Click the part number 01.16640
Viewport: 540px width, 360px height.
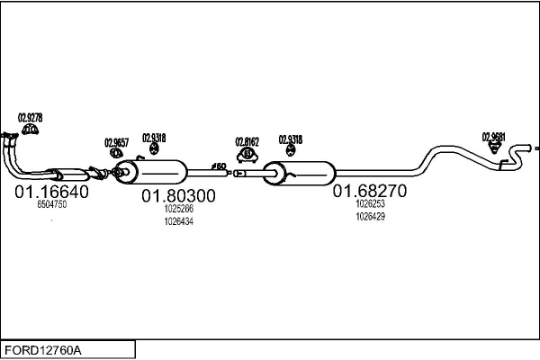(50, 192)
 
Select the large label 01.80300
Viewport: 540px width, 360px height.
(177, 195)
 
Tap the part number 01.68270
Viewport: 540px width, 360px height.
(370, 191)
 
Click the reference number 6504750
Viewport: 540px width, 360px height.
(51, 205)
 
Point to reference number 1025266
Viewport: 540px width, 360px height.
(177, 210)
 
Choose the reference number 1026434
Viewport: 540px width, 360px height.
(177, 221)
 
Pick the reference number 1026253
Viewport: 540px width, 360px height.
(370, 204)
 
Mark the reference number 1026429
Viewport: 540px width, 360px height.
(370, 216)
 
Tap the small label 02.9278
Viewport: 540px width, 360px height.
(30, 118)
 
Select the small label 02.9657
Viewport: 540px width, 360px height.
(116, 142)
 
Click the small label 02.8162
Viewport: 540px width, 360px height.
(247, 141)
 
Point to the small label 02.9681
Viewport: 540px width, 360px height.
(493, 137)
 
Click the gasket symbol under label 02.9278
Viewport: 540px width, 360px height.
(30, 131)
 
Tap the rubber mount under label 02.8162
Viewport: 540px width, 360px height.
(247, 155)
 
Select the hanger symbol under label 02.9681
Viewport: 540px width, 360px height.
(494, 149)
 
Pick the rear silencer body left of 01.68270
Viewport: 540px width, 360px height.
(302, 170)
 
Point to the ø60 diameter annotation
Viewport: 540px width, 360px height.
(219, 166)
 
